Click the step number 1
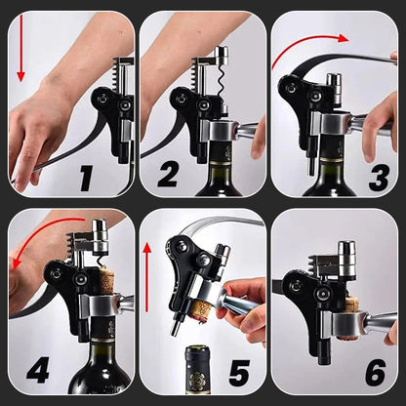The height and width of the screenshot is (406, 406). click(x=87, y=179)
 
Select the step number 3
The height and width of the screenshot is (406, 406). click(x=379, y=178)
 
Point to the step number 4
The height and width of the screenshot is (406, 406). click(x=38, y=370)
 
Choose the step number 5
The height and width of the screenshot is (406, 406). click(x=239, y=373)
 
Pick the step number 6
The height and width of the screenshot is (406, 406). click(x=376, y=373)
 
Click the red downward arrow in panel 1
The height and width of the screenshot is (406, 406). click(x=21, y=48)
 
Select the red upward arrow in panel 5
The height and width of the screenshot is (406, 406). click(x=147, y=277)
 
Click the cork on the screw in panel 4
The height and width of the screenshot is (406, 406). click(x=106, y=280)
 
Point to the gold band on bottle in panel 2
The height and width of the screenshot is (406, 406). click(x=223, y=164)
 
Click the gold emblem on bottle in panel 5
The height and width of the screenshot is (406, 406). click(x=197, y=380)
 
